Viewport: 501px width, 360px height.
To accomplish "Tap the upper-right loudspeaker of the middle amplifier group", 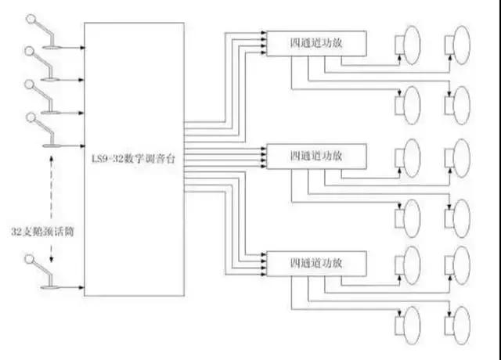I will [459, 152].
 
